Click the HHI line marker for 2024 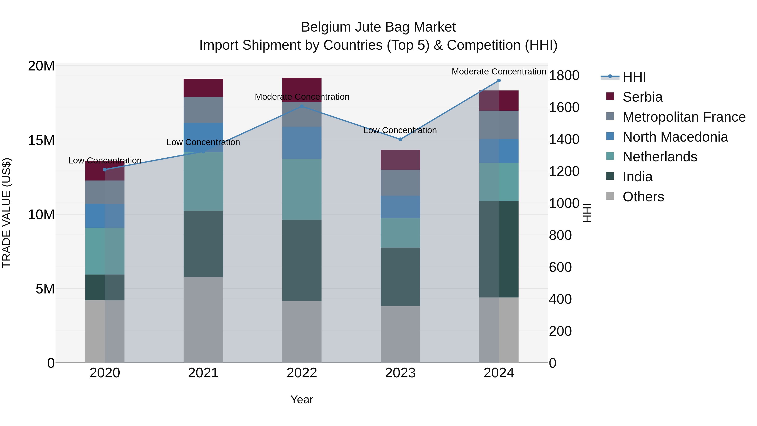(499, 81)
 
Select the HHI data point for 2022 (302, 106)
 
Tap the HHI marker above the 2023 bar (400, 139)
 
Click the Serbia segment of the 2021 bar (203, 88)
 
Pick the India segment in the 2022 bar (302, 260)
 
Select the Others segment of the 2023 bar (400, 334)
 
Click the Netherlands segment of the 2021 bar (203, 181)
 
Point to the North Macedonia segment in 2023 (400, 207)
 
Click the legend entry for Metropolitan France (684, 117)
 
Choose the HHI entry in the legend (634, 77)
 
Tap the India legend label (637, 177)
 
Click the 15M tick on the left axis (41, 141)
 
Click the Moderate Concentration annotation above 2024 (499, 72)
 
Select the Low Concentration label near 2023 (400, 130)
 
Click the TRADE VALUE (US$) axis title (7, 213)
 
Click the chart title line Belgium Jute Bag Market (378, 27)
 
